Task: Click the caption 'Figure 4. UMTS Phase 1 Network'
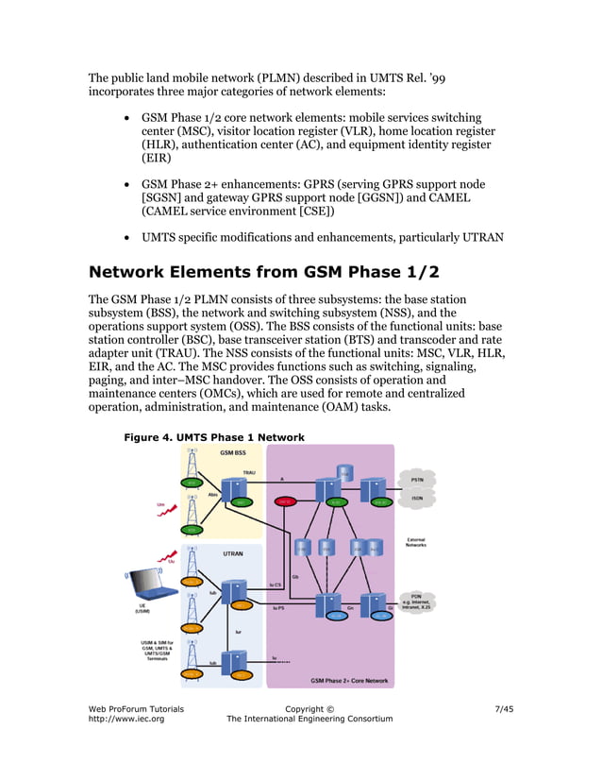pos(214,437)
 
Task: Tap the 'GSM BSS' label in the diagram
pos(233,453)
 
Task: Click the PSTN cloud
pos(417,479)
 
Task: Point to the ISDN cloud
pos(416,498)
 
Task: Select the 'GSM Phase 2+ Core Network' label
pos(349,680)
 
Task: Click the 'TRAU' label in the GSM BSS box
pos(249,472)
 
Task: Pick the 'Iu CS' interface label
pos(276,585)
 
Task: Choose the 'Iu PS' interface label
pos(279,609)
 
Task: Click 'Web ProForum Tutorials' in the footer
pos(136,708)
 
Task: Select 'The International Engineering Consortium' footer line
pos(309,720)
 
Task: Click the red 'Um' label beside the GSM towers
pos(161,504)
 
